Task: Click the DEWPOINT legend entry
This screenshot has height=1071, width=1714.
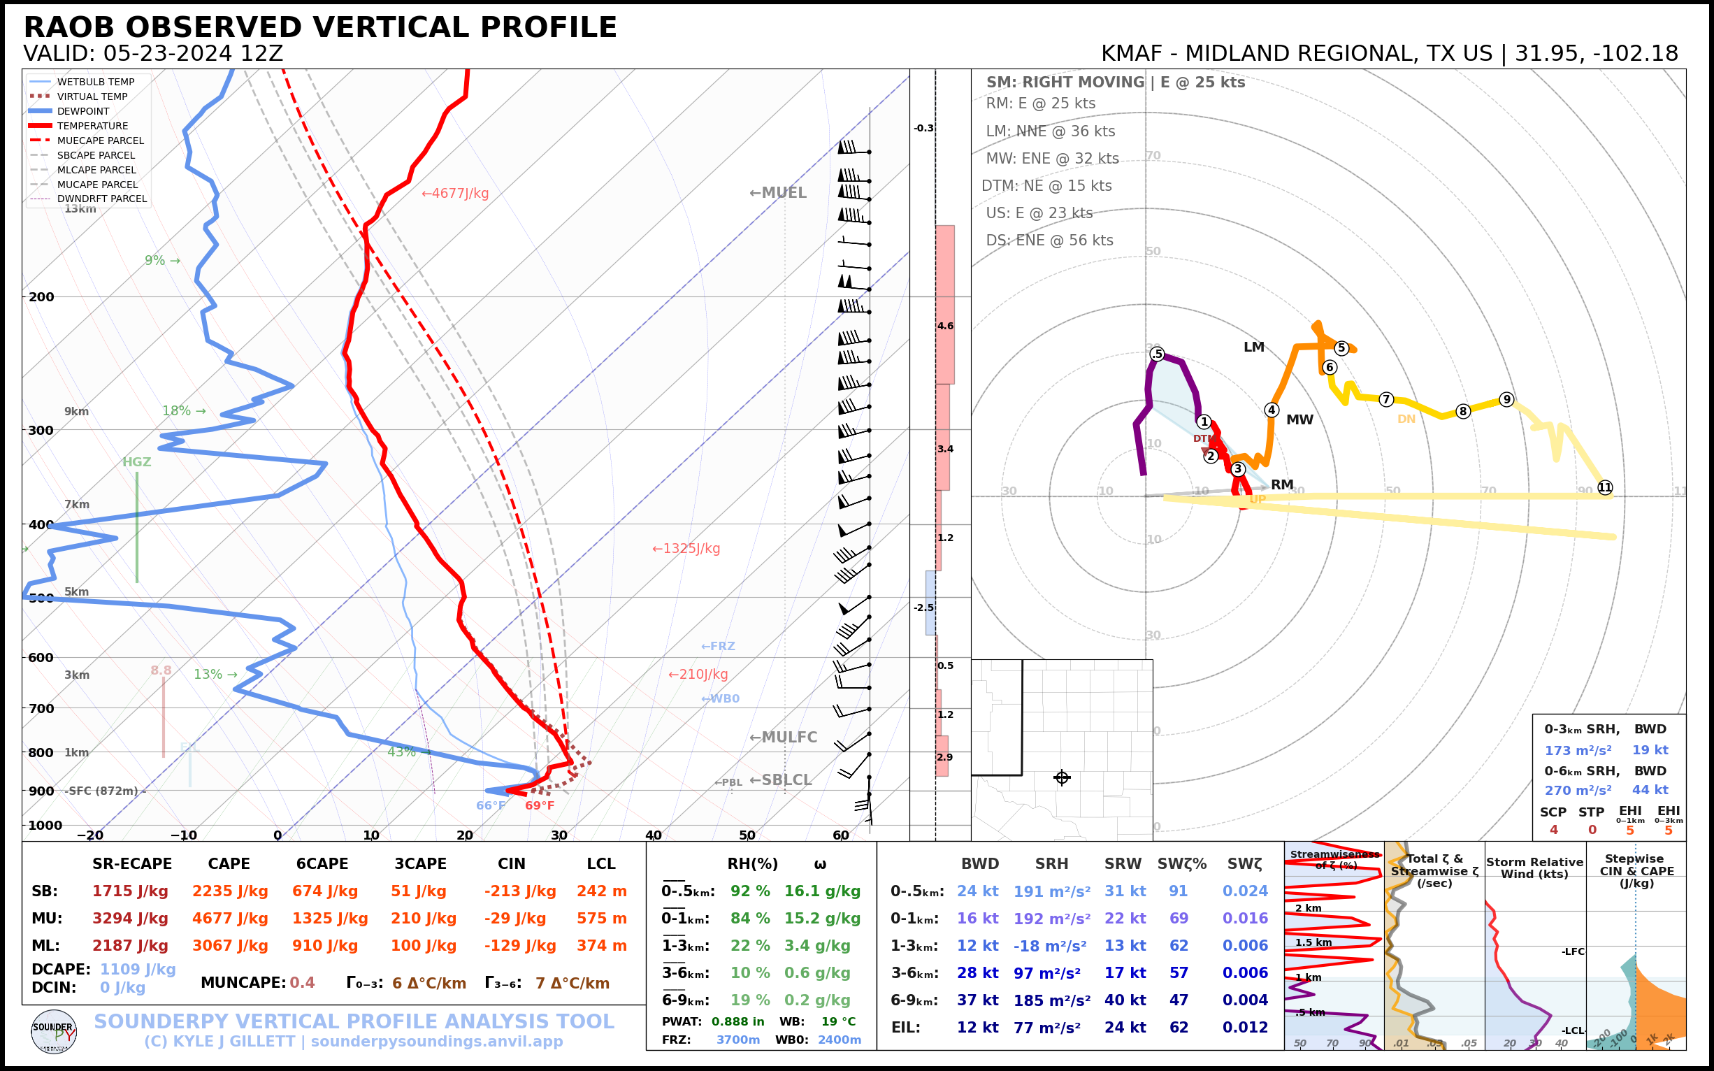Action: tap(83, 111)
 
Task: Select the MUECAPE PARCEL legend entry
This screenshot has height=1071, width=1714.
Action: tap(100, 141)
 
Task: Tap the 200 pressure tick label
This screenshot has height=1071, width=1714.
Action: tap(41, 297)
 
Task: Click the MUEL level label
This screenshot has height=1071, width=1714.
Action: tap(778, 193)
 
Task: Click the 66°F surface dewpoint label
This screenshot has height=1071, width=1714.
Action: tap(491, 805)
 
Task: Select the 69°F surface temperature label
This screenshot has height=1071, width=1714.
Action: tap(540, 805)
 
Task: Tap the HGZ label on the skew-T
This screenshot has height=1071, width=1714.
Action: tap(137, 462)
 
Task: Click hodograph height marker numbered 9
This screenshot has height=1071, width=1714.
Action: tap(1506, 399)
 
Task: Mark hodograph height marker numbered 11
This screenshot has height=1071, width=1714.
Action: tap(1605, 487)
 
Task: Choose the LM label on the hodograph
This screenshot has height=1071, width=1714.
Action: tap(1253, 347)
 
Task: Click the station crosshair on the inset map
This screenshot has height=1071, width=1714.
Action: tap(1062, 777)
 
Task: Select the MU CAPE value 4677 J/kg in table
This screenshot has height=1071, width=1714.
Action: tap(230, 919)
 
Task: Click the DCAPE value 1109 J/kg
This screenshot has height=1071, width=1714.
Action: tap(138, 969)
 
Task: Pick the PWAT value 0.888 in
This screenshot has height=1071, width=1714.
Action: tap(737, 1021)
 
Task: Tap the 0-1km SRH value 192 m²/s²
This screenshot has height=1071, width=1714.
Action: tap(1052, 919)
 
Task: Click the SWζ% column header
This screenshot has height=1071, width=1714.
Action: tap(1181, 864)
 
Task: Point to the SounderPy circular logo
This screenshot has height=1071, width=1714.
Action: tap(54, 1031)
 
